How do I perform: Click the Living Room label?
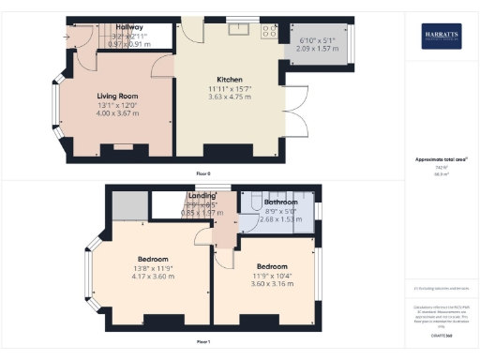coord(118,96)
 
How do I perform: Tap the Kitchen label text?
coord(232,79)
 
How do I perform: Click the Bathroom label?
coord(280,202)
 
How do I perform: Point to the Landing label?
coord(202,196)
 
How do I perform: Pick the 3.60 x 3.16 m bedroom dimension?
coord(271,277)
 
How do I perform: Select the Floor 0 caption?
coord(202,174)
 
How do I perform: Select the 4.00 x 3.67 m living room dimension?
coord(118,112)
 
